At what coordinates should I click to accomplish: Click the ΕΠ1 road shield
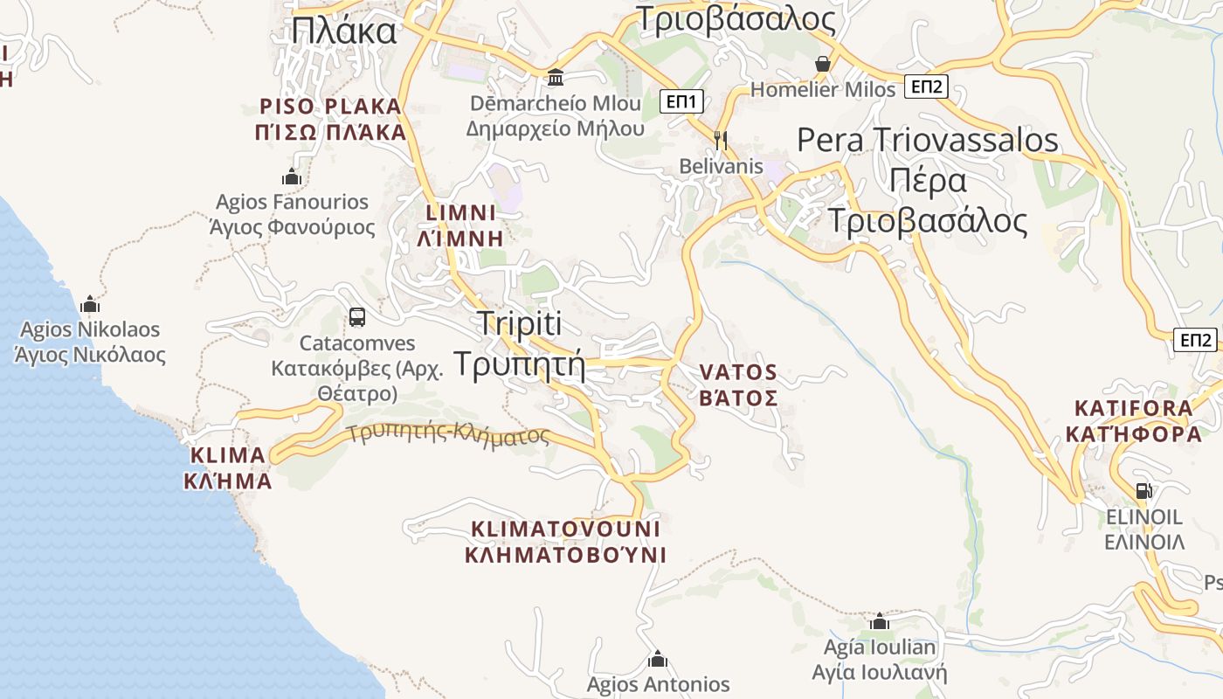pos(681,101)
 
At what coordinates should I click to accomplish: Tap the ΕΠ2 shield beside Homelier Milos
pos(926,87)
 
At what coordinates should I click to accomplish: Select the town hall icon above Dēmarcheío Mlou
pos(555,78)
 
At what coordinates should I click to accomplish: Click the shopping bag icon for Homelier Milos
pos(822,64)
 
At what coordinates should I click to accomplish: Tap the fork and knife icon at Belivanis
pos(721,140)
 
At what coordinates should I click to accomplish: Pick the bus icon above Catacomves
pos(356,317)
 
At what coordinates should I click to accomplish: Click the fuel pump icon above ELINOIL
pos(1143,491)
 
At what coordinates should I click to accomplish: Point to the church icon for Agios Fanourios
pos(292,177)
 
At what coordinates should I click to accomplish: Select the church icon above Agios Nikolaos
pos(90,305)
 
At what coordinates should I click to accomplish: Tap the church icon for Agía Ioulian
pos(880,621)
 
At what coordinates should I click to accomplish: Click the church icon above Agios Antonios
pos(658,659)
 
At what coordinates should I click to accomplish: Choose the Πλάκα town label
pos(344,31)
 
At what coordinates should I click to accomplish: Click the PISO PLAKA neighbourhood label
pos(332,107)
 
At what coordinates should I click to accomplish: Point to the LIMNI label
pos(461,213)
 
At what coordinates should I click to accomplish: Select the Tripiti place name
pos(519,323)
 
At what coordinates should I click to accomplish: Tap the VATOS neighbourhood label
pos(738,373)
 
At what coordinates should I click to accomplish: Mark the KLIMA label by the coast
pos(227,455)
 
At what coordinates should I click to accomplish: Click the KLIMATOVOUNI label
pos(565,529)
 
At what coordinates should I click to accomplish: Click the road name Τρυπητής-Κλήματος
pos(448,434)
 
